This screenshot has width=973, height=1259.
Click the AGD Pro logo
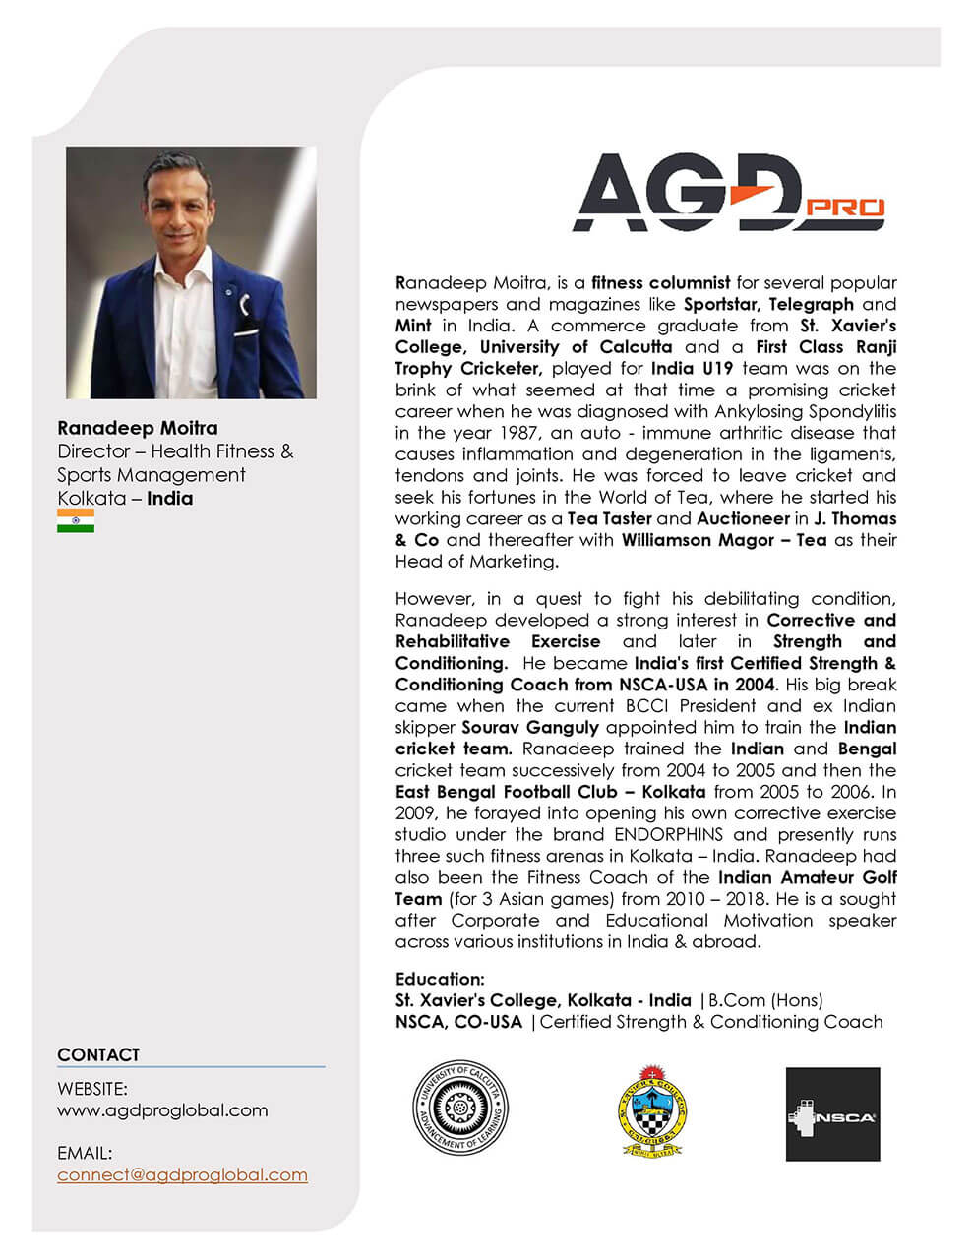(727, 194)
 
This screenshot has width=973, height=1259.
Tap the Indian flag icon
(76, 521)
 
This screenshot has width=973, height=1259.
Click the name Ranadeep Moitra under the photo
(138, 428)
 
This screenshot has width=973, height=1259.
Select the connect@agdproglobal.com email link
(182, 1174)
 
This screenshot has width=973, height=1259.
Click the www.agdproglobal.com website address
(162, 1110)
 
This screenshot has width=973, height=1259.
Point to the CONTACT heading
(98, 1054)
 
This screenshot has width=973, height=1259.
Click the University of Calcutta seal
(461, 1112)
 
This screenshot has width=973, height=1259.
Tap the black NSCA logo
(832, 1114)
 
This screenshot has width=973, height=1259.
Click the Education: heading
(440, 979)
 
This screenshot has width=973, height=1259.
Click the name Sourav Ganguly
(530, 728)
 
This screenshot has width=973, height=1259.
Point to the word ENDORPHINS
(669, 835)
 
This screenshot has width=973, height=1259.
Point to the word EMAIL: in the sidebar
(85, 1152)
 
